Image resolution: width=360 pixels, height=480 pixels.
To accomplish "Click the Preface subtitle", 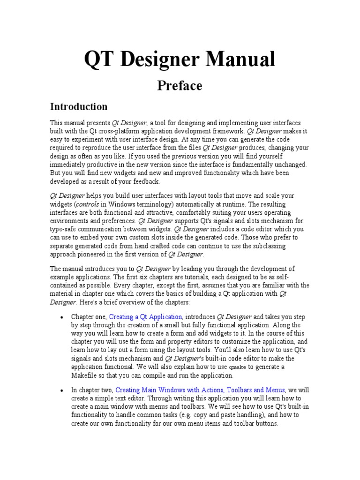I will click(x=180, y=86).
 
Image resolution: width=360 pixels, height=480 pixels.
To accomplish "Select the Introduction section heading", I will click(x=79, y=106).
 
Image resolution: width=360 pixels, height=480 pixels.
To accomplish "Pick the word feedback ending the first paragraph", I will click(x=147, y=182).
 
